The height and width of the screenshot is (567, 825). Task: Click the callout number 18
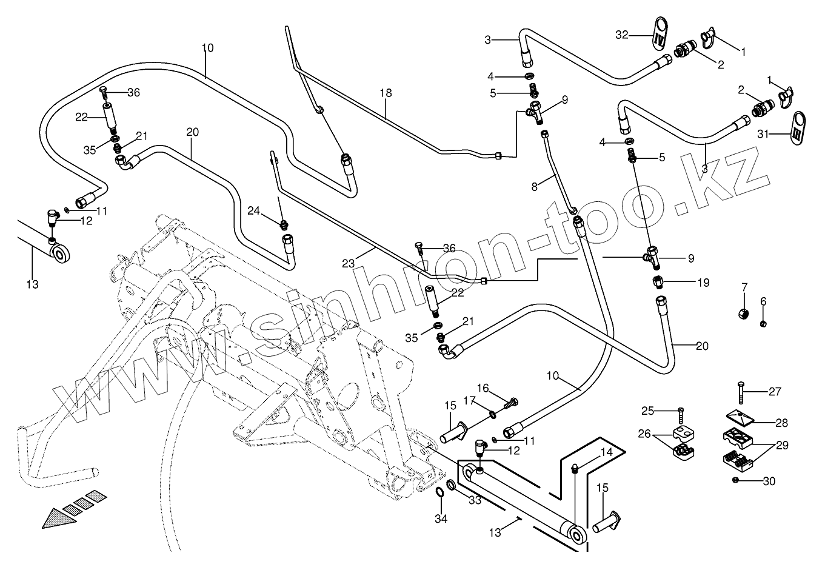386,93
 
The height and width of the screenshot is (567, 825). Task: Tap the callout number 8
534,187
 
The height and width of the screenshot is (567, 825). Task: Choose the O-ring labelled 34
440,492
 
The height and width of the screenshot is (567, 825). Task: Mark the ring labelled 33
452,486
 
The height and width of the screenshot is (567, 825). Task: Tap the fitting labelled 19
659,283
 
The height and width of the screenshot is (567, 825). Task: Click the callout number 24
253,212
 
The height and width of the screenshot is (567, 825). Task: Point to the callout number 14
607,452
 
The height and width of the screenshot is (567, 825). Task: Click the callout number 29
781,446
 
